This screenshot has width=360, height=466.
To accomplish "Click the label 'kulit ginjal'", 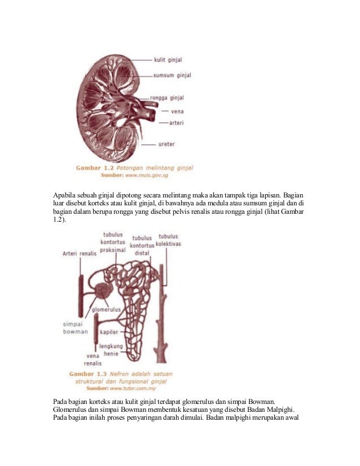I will (167, 59).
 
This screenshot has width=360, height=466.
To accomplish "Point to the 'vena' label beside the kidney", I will (177, 111).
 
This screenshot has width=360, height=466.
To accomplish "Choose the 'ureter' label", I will (166, 144).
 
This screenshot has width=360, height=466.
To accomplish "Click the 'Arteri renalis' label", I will (79, 253).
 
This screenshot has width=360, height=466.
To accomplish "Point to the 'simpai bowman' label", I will (76, 328).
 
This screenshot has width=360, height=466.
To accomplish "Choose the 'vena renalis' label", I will (93, 360).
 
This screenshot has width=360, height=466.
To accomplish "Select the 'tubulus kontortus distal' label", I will (142, 245).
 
